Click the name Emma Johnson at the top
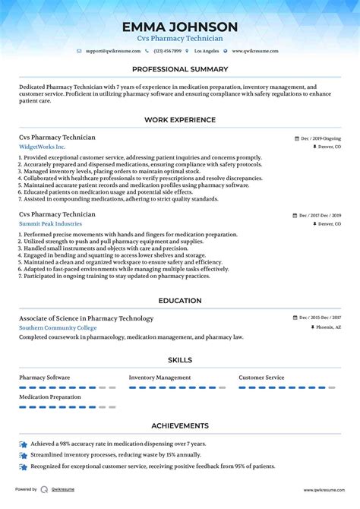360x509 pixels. tap(180, 27)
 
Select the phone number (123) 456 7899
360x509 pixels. tap(168, 51)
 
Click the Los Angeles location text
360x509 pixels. tap(207, 51)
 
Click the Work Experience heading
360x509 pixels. tap(180, 120)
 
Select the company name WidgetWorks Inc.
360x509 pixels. tap(43, 147)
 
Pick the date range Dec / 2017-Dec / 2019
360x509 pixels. tap(317, 216)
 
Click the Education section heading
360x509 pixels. tap(180, 301)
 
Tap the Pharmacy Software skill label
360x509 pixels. tap(45, 377)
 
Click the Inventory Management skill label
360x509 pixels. tap(159, 377)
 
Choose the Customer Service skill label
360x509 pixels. tap(261, 377)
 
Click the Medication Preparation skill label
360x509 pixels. tap(49, 397)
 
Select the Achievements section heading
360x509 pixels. tap(180, 426)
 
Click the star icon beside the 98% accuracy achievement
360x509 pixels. tap(24, 443)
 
